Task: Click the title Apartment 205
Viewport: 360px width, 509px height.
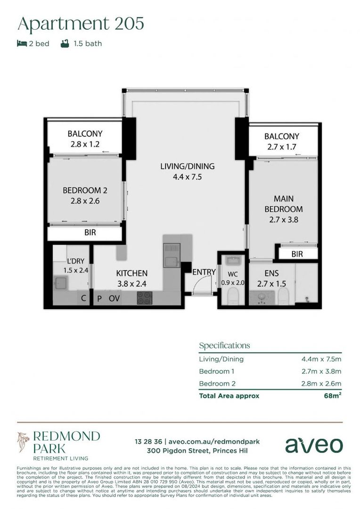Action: pos(81,23)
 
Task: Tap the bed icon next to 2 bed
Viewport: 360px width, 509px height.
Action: pos(22,44)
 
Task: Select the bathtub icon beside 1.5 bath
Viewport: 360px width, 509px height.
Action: pos(65,44)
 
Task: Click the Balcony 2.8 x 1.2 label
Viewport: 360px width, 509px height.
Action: pos(85,139)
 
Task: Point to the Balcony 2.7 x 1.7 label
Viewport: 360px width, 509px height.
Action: pos(281,141)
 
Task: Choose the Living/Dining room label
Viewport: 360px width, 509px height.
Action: pos(187,171)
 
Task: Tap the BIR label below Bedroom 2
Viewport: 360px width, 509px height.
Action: pos(90,233)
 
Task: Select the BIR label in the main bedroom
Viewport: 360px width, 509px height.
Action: pos(297,254)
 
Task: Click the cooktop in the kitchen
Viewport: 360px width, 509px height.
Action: pos(145,298)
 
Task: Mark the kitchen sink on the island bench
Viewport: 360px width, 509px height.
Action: pos(171,254)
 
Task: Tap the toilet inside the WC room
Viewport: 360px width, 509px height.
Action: pos(232,296)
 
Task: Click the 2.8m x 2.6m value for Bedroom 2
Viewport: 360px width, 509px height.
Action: pos(321,383)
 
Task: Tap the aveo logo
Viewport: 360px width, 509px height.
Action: pos(313,444)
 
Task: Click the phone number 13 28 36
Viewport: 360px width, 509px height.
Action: pos(148,442)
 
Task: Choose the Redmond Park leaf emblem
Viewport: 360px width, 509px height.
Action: pos(24,443)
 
